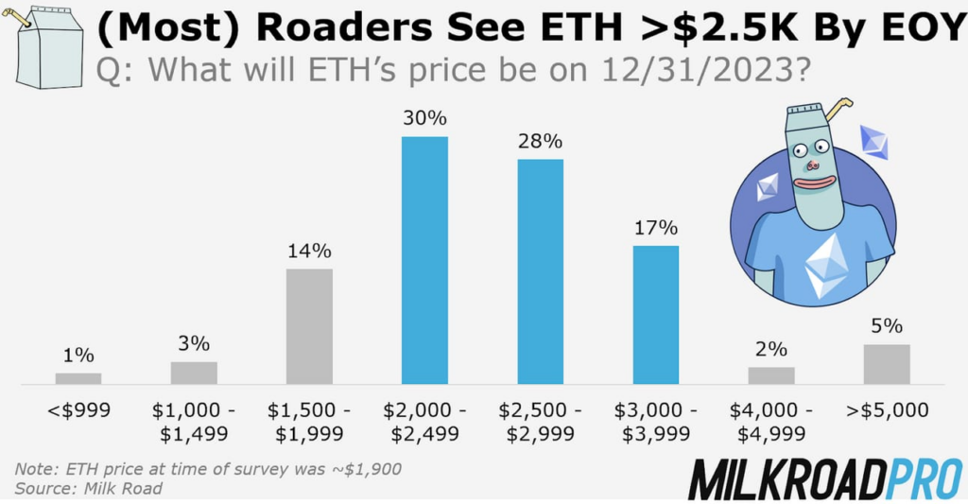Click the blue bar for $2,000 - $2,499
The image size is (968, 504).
pos(424,260)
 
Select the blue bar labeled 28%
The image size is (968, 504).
pos(540,271)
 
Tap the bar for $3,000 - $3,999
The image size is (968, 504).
pos(655,315)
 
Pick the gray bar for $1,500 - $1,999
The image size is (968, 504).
pos(309,326)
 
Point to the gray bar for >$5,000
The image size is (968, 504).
pos(887,364)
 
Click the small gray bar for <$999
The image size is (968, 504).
pos(78,378)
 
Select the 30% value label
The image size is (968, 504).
pos(424,120)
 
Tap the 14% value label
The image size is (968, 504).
pos(309,252)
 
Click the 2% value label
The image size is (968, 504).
pos(771,349)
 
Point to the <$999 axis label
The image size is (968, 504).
pos(78,411)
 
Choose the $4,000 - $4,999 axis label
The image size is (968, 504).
pos(771,423)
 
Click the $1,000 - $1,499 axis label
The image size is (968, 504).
pos(194,423)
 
